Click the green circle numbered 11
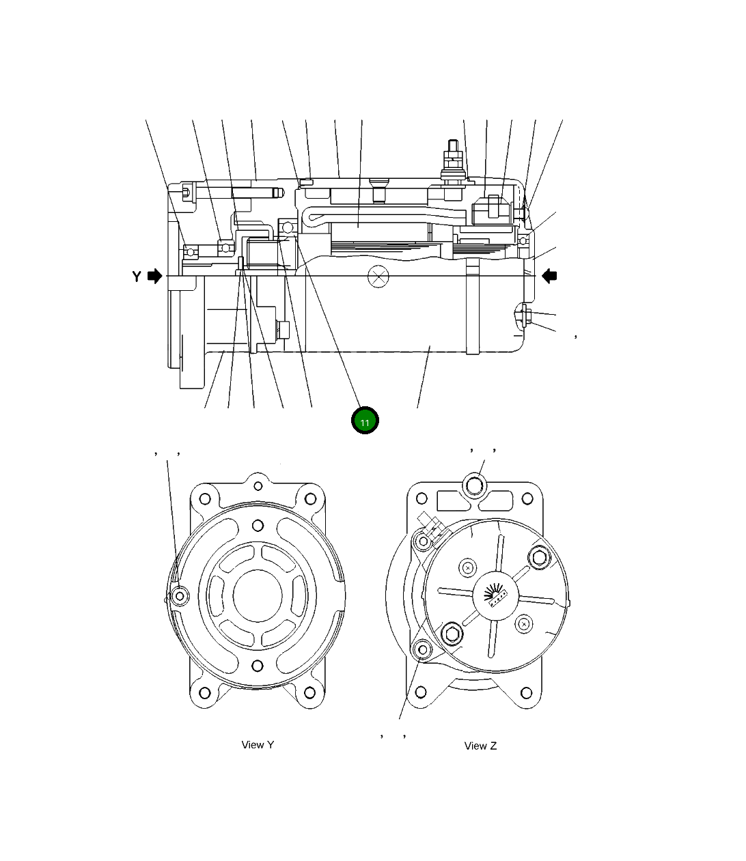pyautogui.click(x=365, y=421)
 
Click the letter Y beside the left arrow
pyautogui.click(x=137, y=277)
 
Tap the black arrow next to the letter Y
pyautogui.click(x=155, y=276)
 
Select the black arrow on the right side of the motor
pyautogui.click(x=549, y=276)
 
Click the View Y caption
pyautogui.click(x=258, y=745)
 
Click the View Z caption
pyautogui.click(x=480, y=746)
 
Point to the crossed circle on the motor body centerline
pyautogui.click(x=377, y=277)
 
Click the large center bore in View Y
pyautogui.click(x=258, y=595)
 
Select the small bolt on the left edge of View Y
pyautogui.click(x=180, y=596)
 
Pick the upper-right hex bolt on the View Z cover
pyautogui.click(x=539, y=557)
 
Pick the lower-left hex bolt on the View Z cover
pyautogui.click(x=452, y=634)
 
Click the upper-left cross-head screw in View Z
pyautogui.click(x=467, y=567)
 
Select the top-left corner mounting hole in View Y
pyautogui.click(x=204, y=498)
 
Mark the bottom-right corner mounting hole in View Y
pyautogui.click(x=310, y=692)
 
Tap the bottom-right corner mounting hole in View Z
pyautogui.click(x=527, y=692)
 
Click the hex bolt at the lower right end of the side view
pyautogui.click(x=525, y=315)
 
